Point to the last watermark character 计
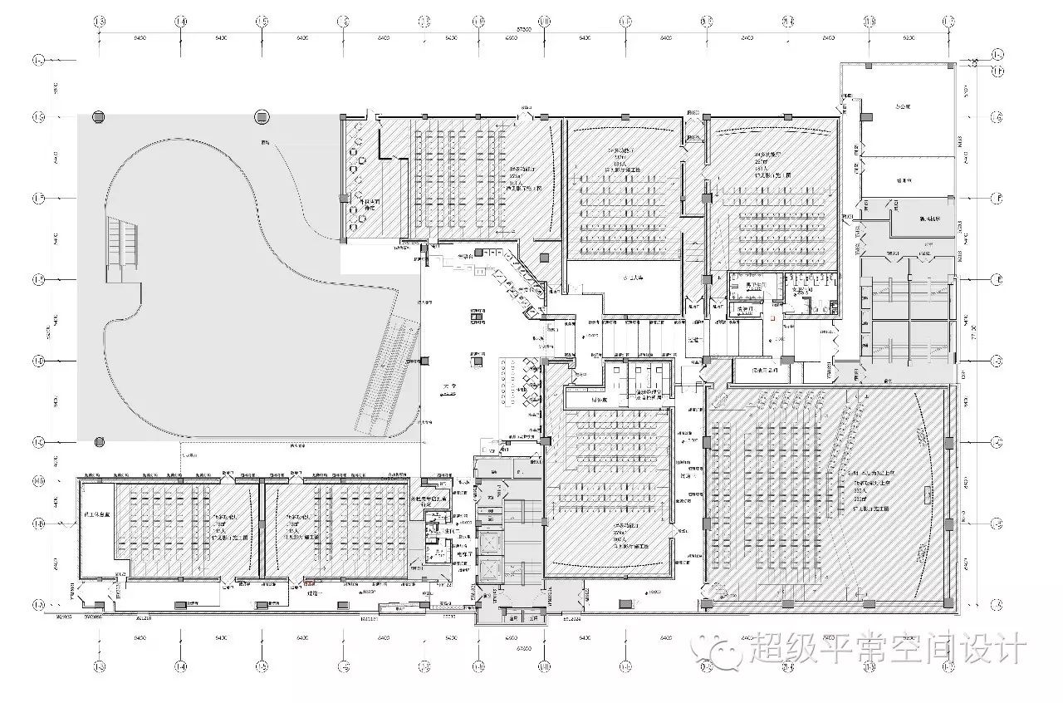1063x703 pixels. click(x=1011, y=651)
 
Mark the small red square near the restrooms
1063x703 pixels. click(x=772, y=317)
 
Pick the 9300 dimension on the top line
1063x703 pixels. click(x=908, y=38)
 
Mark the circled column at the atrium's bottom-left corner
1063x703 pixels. click(x=99, y=441)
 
